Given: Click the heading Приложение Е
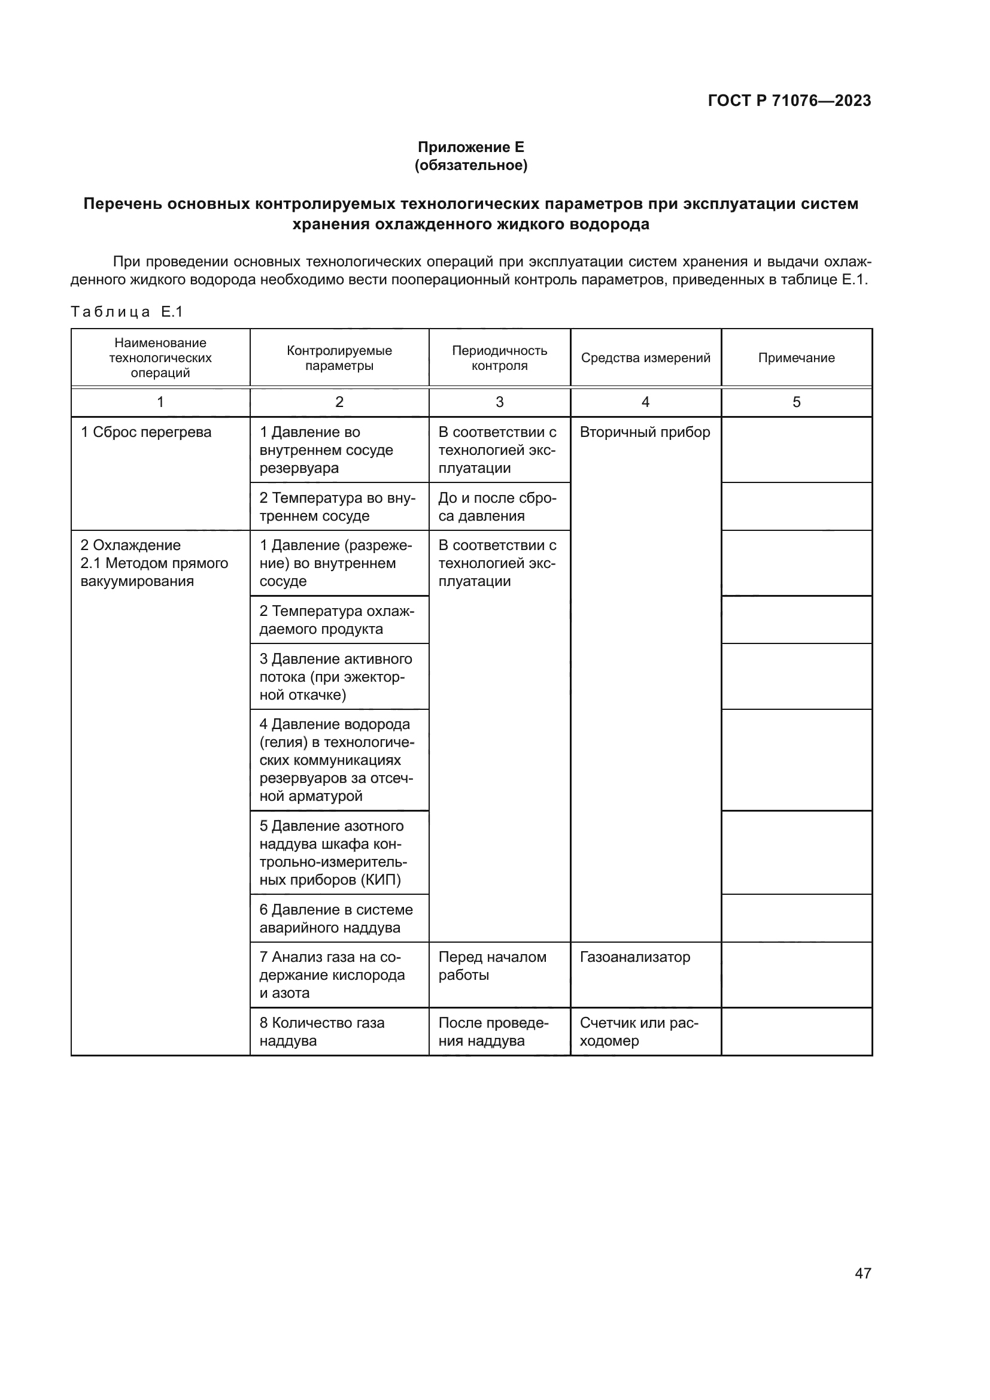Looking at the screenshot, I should click(x=470, y=147).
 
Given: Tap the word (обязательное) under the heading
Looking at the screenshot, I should click(x=470, y=165).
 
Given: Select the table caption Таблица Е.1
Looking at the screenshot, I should click(x=127, y=312).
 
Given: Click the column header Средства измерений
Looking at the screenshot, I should click(x=645, y=358).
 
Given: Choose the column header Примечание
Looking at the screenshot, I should click(x=796, y=358).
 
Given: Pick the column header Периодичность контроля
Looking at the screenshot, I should click(x=499, y=358).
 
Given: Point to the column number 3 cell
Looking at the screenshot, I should click(x=499, y=402).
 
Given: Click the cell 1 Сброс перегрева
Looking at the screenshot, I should click(x=146, y=432).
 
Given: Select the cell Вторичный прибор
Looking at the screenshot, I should click(x=645, y=432).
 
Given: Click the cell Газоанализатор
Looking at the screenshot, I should click(x=634, y=956).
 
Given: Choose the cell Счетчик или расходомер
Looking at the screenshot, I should click(x=638, y=1032).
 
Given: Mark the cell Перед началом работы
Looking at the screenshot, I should click(x=492, y=966).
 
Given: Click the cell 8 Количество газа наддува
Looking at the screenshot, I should click(x=322, y=1032).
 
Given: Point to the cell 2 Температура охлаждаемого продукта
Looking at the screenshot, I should click(x=336, y=620).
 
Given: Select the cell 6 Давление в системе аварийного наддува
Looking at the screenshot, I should click(x=336, y=918).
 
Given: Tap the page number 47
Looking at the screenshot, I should click(x=863, y=1273).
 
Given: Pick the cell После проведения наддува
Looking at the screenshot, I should click(x=493, y=1032).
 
